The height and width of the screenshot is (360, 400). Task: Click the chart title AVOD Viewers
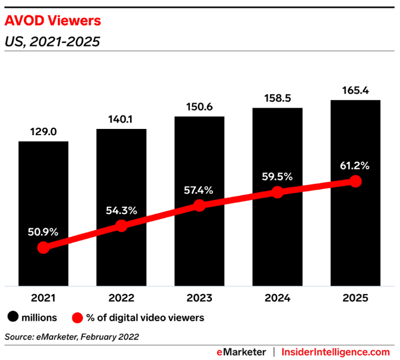53,21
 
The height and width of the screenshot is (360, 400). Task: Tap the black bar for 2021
43,187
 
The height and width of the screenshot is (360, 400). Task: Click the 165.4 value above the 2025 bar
355,90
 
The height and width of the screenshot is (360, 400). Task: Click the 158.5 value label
277,98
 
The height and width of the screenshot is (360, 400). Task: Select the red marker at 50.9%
43,248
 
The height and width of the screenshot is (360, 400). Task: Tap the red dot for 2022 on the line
121,226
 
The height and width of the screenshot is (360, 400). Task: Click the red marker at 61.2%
356,181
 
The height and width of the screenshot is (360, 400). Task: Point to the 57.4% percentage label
199,190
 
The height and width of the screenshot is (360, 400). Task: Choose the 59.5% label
277,177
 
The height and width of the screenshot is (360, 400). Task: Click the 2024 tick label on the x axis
277,298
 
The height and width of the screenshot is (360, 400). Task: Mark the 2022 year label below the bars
121,298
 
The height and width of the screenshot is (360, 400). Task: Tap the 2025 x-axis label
355,298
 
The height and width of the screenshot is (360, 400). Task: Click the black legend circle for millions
13,317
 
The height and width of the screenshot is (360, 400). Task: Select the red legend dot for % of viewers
77,317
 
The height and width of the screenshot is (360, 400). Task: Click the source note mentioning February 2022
72,337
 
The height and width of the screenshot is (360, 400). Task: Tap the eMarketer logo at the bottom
241,352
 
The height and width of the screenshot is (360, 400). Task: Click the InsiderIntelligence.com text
336,352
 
